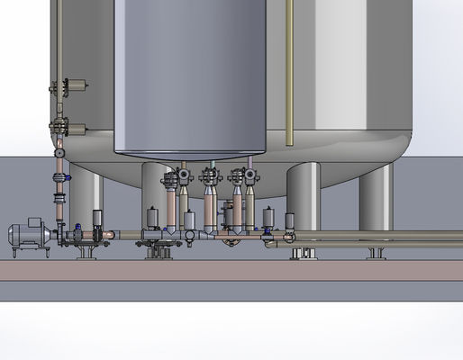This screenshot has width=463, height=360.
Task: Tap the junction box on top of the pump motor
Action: (36, 221)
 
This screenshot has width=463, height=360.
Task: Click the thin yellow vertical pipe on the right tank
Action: (288, 72)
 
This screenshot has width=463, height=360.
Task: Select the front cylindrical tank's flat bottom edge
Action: (190, 152)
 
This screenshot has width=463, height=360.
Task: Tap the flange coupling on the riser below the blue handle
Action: (60, 197)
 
